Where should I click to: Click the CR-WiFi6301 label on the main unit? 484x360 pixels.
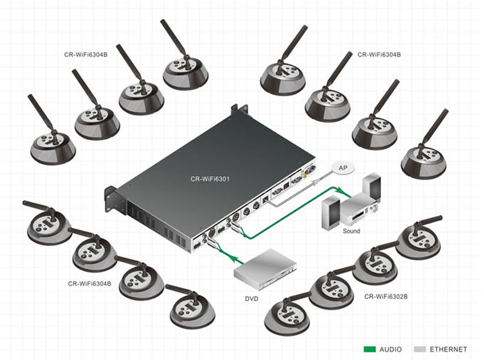coord(210,178)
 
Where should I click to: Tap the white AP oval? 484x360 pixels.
coord(343,168)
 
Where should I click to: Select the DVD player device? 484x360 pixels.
coord(265,267)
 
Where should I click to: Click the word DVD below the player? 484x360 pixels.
coord(252,298)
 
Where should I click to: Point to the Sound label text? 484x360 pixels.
coord(352,231)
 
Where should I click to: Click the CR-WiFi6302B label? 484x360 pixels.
coord(386,296)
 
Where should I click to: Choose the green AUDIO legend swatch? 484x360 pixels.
coord(370,349)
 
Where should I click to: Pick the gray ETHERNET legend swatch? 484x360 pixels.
coord(420,349)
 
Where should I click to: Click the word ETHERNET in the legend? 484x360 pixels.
coord(448,349)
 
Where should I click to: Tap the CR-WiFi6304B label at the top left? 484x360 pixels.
coord(86,54)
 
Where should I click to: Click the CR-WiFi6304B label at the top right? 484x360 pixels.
coord(379,54)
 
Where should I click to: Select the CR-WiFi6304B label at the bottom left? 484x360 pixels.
coord(90,283)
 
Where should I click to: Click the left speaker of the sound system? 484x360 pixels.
coord(331,212)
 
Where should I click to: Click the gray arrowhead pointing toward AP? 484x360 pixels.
coord(315,182)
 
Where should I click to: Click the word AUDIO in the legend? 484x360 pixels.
coord(390,349)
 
